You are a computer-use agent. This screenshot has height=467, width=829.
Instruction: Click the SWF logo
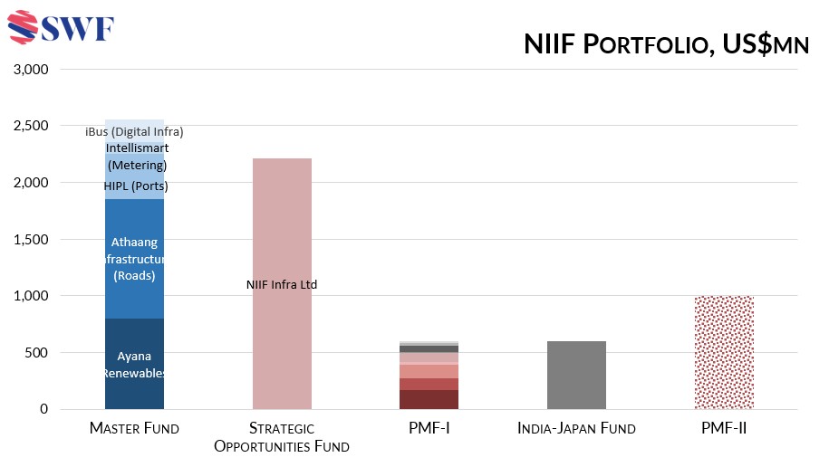(62, 28)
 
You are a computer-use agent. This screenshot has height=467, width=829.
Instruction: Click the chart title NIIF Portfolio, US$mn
(666, 44)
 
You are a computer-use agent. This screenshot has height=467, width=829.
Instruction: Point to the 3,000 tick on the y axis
(31, 70)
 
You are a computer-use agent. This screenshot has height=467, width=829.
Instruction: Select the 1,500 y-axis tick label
(31, 240)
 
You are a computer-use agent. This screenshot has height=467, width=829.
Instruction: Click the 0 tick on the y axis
(43, 409)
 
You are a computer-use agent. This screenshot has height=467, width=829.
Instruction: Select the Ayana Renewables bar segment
(134, 364)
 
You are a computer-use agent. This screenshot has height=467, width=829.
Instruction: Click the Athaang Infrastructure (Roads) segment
(134, 258)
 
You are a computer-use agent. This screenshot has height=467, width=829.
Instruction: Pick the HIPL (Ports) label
(135, 186)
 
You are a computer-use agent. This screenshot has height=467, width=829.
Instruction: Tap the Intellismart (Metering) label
(137, 156)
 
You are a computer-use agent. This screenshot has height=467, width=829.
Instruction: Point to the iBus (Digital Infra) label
(134, 131)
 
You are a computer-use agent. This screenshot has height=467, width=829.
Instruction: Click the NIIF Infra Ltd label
(282, 284)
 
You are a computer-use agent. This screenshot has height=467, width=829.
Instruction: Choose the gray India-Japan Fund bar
(576, 376)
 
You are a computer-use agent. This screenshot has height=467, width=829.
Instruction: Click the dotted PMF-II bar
(724, 353)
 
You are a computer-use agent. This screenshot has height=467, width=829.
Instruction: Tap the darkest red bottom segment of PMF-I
(429, 399)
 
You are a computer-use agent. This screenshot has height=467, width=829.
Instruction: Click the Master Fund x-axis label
(134, 428)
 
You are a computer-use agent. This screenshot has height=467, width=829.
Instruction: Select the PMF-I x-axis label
(429, 428)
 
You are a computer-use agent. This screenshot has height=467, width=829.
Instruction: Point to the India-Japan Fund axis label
(576, 428)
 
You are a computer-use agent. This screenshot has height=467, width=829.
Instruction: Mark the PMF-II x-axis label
(724, 428)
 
